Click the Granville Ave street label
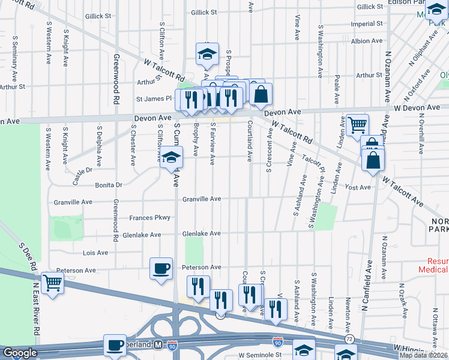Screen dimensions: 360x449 tap(202, 199)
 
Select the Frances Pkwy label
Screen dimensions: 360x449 tap(150, 218)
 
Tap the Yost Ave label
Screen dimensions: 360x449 tap(358, 188)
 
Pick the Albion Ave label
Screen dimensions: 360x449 tap(369, 41)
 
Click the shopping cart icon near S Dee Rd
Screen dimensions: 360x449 tap(53, 281)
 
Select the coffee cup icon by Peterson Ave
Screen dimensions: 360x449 tap(161, 268)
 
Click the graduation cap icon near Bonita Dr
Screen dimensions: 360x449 tap(171, 158)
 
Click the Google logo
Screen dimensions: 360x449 tap(20, 353)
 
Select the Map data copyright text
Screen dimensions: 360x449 tap(424, 355)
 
